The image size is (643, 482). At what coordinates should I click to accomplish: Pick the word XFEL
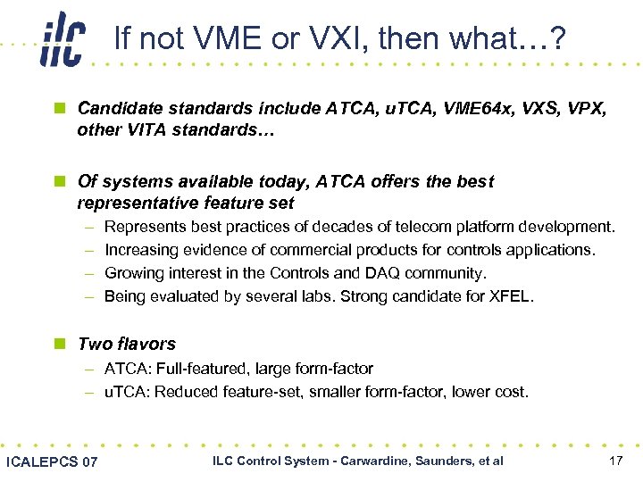(x=510, y=296)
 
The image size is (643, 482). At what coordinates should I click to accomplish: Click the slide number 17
(x=614, y=461)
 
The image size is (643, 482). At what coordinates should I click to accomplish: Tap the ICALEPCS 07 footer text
(x=52, y=461)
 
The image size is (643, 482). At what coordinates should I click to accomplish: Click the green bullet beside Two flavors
(x=59, y=345)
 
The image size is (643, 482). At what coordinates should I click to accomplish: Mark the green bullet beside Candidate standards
(x=59, y=109)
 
